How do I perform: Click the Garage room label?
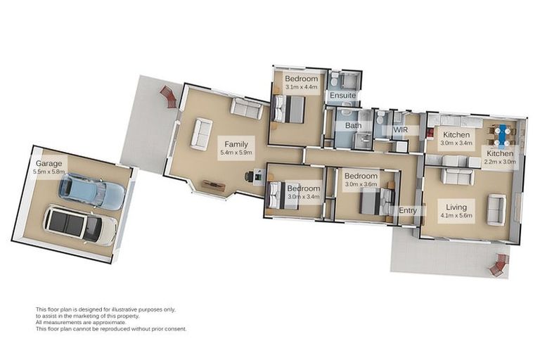point(49,163)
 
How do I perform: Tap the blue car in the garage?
point(91,191)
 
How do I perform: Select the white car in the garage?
point(80,225)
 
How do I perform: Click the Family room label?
point(236,144)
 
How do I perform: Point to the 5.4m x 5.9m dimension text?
point(236,153)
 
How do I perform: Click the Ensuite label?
point(342,95)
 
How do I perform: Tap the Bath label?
point(354,125)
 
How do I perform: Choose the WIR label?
point(401,130)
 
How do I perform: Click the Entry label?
point(408,210)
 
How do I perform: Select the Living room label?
point(456,207)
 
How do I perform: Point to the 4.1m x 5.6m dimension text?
point(456,216)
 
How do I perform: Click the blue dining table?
point(503,135)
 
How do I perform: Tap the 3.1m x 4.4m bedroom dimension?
point(302,86)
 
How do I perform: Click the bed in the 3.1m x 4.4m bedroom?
point(288,109)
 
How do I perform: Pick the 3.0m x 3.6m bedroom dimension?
point(361,184)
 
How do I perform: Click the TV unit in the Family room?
point(214,186)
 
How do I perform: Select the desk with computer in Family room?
point(254,176)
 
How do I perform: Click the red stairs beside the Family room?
point(169,97)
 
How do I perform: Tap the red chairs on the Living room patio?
point(499,265)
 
